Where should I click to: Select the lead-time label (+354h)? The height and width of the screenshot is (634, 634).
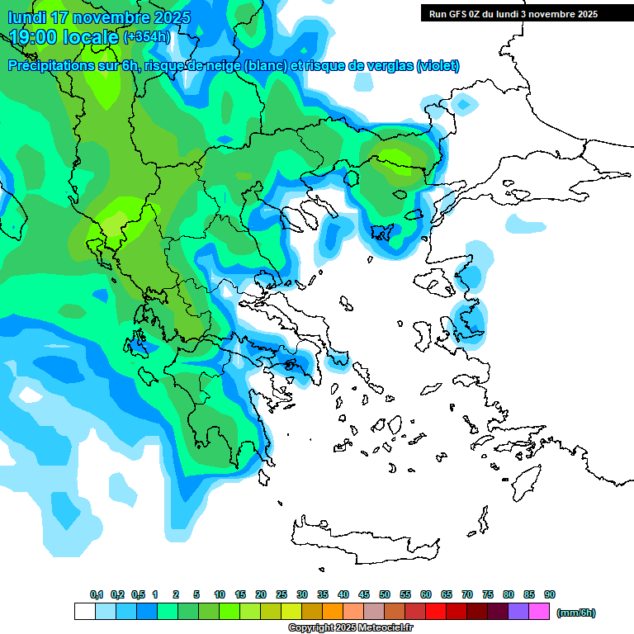tap(148, 37)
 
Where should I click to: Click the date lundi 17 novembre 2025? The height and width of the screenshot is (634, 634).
tap(100, 17)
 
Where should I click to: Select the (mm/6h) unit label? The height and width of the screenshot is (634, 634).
tap(575, 613)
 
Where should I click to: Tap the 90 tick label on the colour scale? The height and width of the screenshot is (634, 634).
tap(550, 594)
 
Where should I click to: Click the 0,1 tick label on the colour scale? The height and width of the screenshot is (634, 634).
tap(96, 594)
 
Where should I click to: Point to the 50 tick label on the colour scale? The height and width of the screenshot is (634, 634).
tap(385, 594)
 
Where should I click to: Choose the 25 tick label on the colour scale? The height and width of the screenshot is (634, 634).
tap(282, 594)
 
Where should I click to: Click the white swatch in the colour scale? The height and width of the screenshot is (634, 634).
tap(84, 612)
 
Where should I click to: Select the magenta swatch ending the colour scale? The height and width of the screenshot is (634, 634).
tap(539, 612)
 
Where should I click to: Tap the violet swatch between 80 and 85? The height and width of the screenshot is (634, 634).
tap(518, 612)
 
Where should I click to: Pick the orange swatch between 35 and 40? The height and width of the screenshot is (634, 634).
tap(333, 612)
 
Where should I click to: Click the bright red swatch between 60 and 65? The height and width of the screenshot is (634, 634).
tap(436, 612)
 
